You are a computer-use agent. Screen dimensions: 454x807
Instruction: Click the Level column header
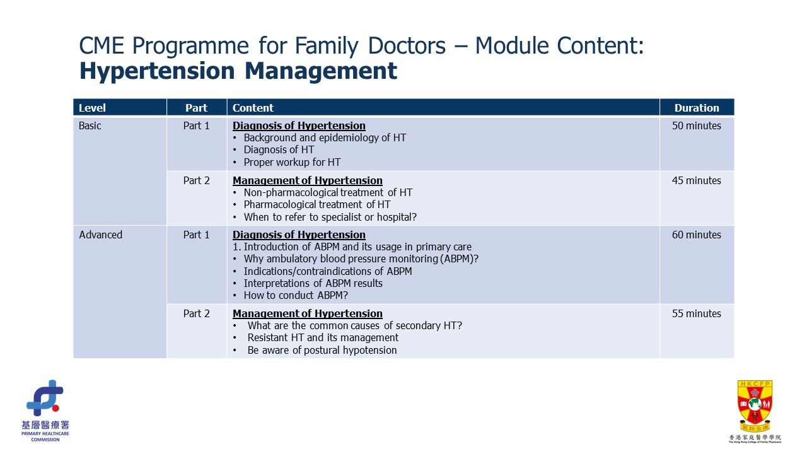tap(92, 108)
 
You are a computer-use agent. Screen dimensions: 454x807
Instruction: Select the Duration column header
tap(697, 108)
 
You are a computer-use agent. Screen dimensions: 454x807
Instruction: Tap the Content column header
tap(253, 108)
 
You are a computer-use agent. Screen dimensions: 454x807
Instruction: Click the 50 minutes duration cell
tap(697, 125)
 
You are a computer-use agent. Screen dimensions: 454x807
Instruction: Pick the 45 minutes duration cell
tap(697, 180)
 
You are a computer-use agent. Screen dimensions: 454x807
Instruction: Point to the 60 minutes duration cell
tap(697, 235)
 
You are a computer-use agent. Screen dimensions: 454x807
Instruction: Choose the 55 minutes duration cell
tap(697, 313)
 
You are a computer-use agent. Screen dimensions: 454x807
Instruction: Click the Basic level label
tap(90, 125)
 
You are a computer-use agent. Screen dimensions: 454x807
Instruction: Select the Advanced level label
tap(101, 235)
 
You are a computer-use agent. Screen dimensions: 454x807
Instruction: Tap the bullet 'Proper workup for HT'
tap(292, 162)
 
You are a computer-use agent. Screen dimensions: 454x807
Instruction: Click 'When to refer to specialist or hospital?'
tap(330, 217)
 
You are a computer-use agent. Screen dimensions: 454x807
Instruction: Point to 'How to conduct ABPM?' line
tap(296, 295)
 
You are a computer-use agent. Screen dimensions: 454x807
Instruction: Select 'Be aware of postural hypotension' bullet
tap(322, 350)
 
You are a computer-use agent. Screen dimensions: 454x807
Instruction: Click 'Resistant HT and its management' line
tap(323, 337)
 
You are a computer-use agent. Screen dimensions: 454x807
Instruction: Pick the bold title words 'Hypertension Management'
tap(238, 71)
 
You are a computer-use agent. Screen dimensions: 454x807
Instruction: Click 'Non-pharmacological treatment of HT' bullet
tap(328, 192)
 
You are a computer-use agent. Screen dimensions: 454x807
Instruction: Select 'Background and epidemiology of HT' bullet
tap(325, 137)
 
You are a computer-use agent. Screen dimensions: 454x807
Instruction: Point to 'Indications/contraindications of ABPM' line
tap(328, 271)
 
